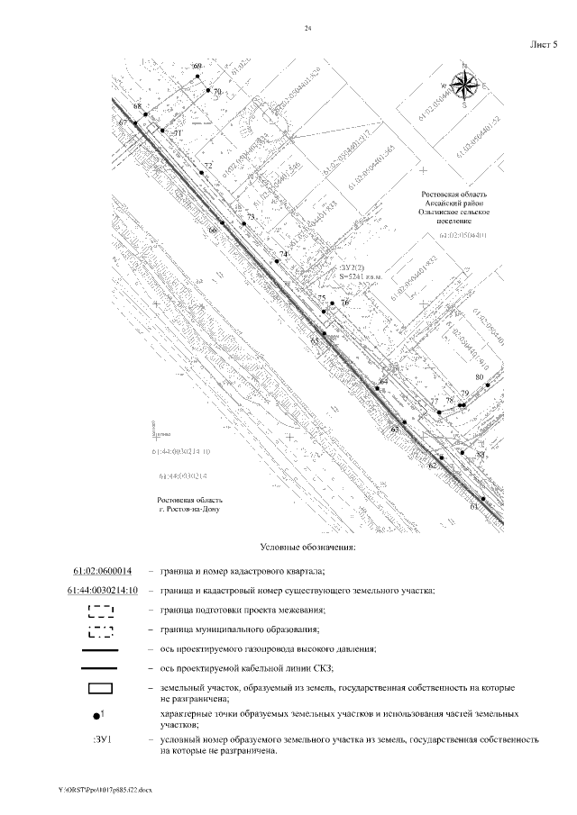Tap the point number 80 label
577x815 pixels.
[480, 376]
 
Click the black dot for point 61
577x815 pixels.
[482, 499]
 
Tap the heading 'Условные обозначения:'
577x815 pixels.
[308, 547]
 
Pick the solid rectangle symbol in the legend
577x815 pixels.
[101, 688]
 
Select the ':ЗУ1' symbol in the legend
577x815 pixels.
[101, 739]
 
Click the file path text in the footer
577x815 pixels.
[105, 789]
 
